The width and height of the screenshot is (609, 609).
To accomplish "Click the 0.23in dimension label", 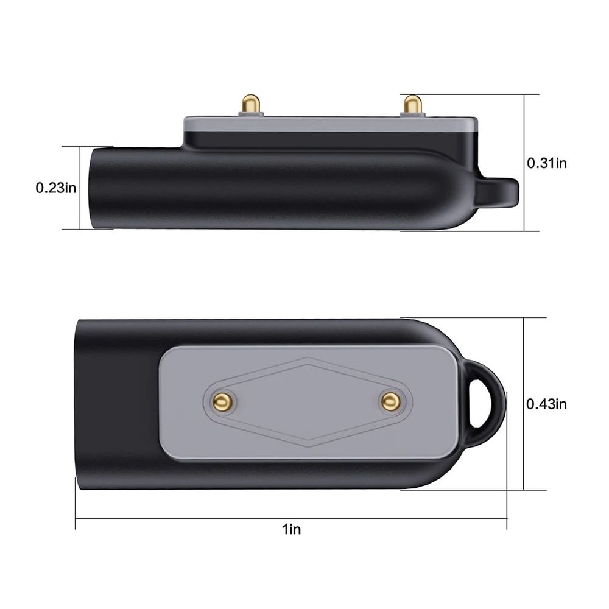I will pos(56,188).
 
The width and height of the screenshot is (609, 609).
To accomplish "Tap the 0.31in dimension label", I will pos(546,163).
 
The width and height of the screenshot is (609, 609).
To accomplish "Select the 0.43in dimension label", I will pos(546,403).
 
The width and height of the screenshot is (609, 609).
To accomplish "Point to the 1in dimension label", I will pos(291,529).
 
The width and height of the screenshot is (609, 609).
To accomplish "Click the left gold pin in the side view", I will pos(250,103).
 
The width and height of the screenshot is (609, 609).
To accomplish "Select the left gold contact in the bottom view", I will pos(222,401).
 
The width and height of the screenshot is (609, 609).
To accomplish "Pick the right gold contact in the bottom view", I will pos(390,401).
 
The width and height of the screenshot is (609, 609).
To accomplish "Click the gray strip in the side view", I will pos(329,123).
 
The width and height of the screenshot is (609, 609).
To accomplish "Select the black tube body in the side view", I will pos(274,189).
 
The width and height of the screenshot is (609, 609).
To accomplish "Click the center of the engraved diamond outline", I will pos(308,401).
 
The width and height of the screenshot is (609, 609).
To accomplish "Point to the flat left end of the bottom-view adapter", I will pos(78,402).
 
